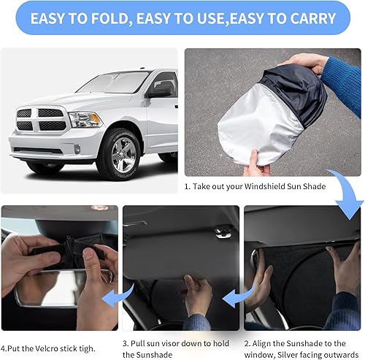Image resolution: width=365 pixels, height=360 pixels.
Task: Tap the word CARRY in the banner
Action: [307, 18]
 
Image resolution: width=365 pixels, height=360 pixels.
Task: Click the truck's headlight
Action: [85, 120]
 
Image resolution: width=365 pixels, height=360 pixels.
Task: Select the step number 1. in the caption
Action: [188, 187]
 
